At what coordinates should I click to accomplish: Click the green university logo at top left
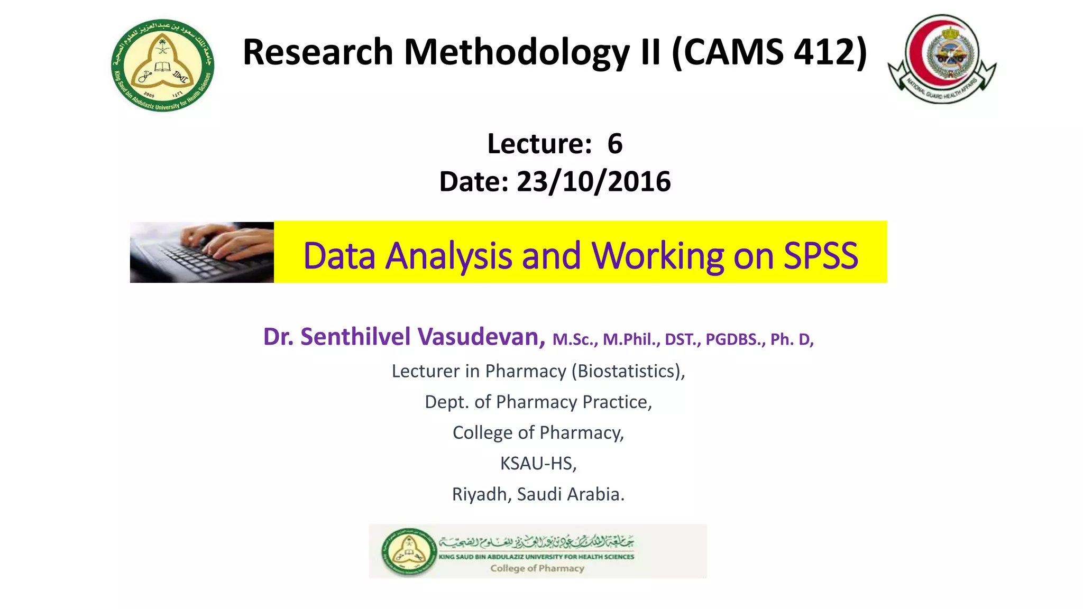[x=163, y=66]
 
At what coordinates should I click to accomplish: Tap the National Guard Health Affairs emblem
[x=942, y=58]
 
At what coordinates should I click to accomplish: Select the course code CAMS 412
[x=769, y=52]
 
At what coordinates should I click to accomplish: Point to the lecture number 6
[x=614, y=144]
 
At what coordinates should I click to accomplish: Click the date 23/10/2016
[x=593, y=182]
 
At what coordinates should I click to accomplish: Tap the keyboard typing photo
[x=202, y=252]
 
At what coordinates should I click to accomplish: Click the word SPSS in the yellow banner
[x=820, y=256]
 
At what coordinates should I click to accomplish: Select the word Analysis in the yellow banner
[x=448, y=256]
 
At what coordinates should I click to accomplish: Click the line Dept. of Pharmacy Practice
[x=538, y=402]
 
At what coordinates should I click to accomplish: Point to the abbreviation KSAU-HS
[x=537, y=463]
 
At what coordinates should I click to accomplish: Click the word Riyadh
[x=479, y=494]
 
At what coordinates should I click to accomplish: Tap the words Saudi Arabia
[x=570, y=494]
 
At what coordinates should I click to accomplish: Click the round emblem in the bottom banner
[x=409, y=551]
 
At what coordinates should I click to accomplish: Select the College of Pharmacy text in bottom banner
[x=537, y=568]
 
